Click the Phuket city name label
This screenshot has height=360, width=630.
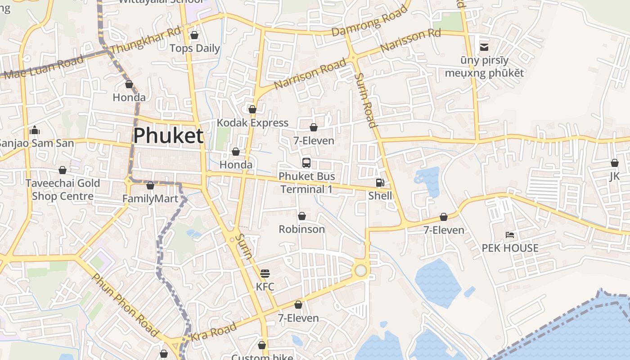coord(168,135)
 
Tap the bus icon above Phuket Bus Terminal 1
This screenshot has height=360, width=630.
coord(306,162)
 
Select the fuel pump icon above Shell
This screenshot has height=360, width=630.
coord(380,183)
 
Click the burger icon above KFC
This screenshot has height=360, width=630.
coord(265,273)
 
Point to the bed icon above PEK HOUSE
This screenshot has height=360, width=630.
coord(510,234)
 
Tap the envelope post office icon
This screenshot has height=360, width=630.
coord(484,47)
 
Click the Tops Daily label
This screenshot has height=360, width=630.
coord(195,48)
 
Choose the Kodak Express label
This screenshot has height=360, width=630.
coord(252,123)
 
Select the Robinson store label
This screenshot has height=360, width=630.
coord(301,229)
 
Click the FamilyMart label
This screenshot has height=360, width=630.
coord(150,198)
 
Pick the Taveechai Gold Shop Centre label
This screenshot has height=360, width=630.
coord(63,189)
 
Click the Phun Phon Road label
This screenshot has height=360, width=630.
coord(126,305)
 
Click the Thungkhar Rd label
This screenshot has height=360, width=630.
coord(145,40)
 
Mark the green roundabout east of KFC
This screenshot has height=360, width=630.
coord(360,270)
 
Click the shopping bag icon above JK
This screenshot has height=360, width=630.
coord(615,163)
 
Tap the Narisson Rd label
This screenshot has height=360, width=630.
coord(410,40)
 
